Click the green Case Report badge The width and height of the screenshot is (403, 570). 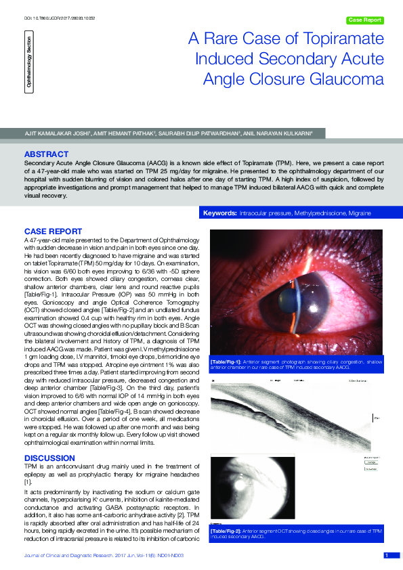click(x=364, y=20)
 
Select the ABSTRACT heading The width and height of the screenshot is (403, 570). click(x=46, y=154)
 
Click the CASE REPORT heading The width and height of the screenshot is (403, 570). click(x=53, y=231)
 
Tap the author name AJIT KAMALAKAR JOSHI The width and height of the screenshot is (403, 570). click(x=53, y=133)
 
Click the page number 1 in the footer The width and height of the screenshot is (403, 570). click(x=386, y=556)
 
